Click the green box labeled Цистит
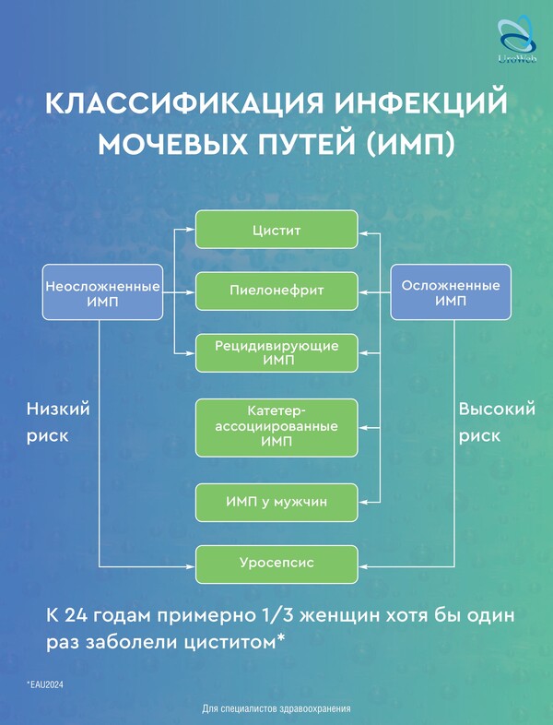[x=276, y=230]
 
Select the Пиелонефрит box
[x=276, y=291]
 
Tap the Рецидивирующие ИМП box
[x=276, y=352]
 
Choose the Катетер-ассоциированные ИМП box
[x=276, y=427]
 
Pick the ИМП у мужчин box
[x=276, y=503]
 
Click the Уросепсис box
[x=276, y=563]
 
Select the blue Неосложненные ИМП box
[x=102, y=292]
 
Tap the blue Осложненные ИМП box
[x=451, y=292]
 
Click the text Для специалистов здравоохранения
[x=276, y=709]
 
